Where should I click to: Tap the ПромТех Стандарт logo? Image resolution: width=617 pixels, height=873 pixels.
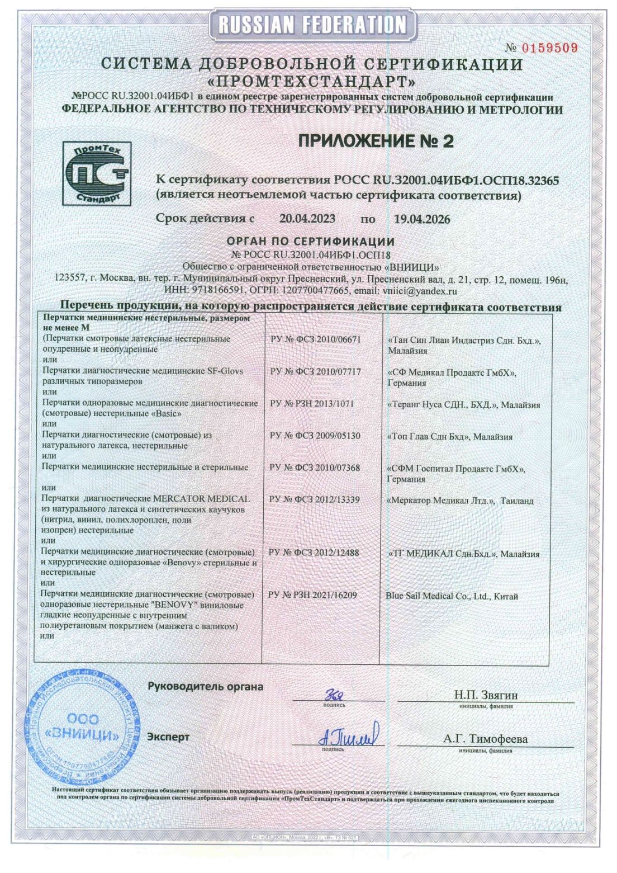pyautogui.click(x=96, y=173)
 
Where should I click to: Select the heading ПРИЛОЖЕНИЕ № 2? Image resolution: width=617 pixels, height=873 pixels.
pyautogui.click(x=376, y=141)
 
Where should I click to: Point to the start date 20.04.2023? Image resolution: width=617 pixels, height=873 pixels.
pyautogui.click(x=307, y=219)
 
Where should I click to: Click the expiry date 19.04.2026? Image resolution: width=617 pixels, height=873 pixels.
pyautogui.click(x=422, y=219)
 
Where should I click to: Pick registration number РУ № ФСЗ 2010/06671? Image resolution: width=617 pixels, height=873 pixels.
pyautogui.click(x=315, y=339)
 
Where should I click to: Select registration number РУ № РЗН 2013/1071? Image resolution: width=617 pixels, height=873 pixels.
pyautogui.click(x=311, y=404)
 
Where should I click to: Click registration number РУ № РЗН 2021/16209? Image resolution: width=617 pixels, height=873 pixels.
pyautogui.click(x=312, y=595)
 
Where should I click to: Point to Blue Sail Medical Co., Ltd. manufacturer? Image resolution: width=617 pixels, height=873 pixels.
pyautogui.click(x=452, y=596)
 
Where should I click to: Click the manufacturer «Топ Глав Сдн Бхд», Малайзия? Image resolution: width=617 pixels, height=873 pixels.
pyautogui.click(x=450, y=437)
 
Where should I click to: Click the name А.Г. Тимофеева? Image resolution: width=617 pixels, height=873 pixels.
pyautogui.click(x=486, y=739)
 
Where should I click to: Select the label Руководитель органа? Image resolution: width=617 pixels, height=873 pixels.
pyautogui.click(x=205, y=686)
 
